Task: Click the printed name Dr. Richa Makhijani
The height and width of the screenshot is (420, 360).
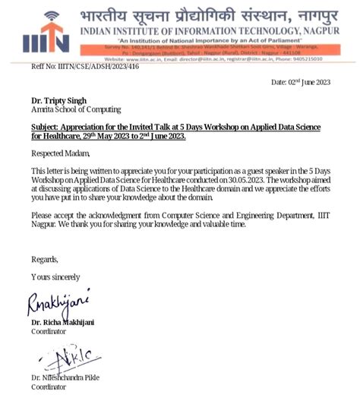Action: [63, 323]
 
